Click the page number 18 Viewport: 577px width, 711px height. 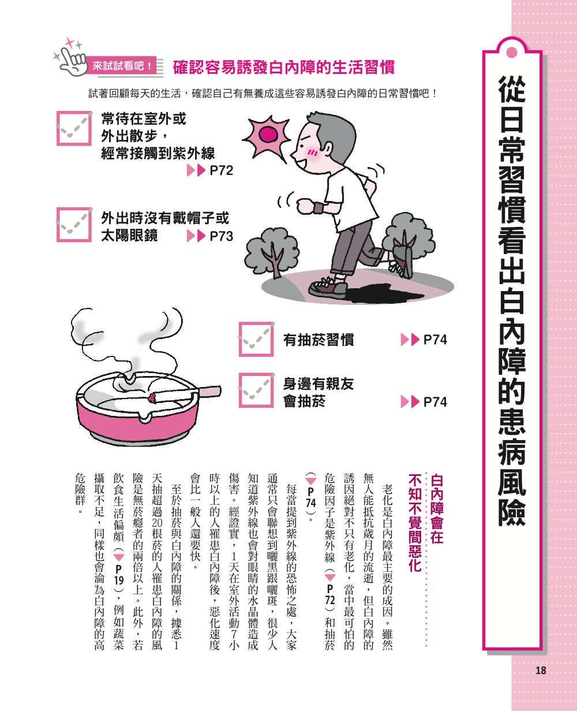tap(541, 670)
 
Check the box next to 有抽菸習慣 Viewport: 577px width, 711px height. tap(256, 339)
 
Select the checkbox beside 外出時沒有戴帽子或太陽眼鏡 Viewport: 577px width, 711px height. tap(74, 225)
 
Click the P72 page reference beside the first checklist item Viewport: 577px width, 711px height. tap(211, 170)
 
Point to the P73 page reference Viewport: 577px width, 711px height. tap(211, 236)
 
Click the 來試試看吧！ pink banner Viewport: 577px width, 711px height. tap(122, 66)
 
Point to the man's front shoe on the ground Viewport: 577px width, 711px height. tap(328, 288)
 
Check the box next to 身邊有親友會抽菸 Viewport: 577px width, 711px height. tap(256, 390)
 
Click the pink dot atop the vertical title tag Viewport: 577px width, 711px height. tap(512, 53)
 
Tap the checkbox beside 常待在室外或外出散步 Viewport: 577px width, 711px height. tap(74, 128)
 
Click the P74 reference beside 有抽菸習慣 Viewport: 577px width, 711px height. tap(424, 340)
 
